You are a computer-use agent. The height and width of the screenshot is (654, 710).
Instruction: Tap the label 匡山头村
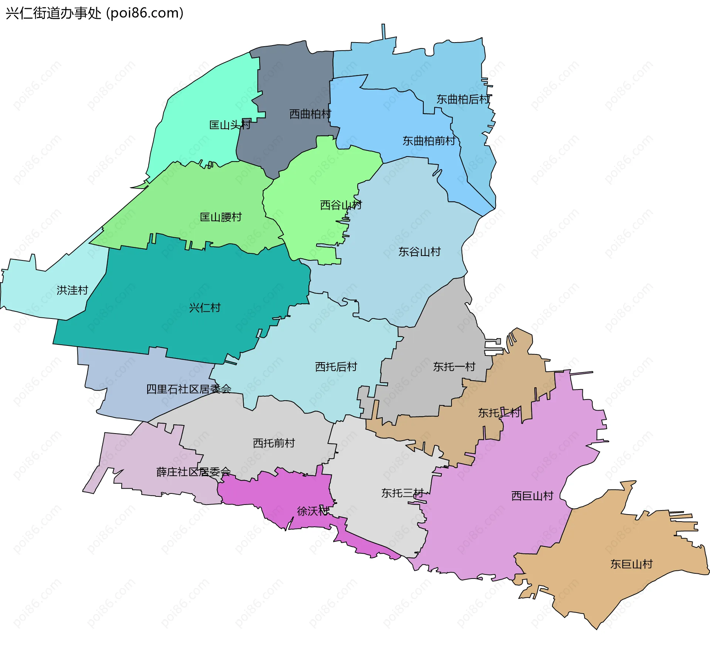(230, 125)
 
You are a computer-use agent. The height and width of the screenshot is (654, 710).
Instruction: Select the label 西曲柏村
(310, 114)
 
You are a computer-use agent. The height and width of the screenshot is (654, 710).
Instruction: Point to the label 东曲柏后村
(463, 99)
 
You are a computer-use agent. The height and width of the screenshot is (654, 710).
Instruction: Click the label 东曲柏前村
(429, 141)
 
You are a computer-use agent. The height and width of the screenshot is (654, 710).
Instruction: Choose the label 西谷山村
(341, 205)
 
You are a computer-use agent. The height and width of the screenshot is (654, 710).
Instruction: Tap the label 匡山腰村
(221, 217)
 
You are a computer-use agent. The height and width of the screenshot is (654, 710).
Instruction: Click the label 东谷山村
(419, 252)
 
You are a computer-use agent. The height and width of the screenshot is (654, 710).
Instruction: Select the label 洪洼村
(72, 290)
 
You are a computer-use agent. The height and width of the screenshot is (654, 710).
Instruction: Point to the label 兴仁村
(204, 308)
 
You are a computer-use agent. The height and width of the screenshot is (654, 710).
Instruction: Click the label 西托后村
(336, 367)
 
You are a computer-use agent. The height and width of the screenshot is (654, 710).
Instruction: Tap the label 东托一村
(454, 367)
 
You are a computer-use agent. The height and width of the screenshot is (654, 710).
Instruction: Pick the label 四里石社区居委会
(189, 389)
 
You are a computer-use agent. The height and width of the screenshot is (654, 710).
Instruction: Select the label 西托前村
(274, 443)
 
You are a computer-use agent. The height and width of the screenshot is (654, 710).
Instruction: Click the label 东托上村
(499, 413)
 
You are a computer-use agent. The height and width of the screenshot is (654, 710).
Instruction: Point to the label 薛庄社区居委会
(193, 472)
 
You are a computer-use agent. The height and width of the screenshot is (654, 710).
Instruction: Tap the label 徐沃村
(313, 511)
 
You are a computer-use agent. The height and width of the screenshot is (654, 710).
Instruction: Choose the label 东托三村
(402, 493)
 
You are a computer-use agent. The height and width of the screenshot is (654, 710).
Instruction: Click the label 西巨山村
(532, 496)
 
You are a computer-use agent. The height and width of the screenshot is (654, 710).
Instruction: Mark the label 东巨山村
(631, 564)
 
